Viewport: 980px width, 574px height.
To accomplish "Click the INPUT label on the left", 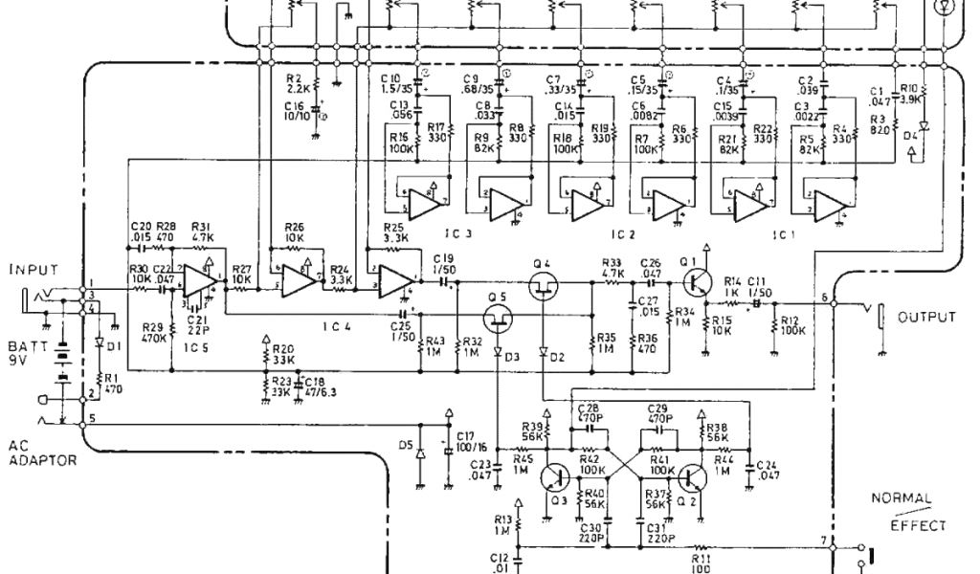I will [x=33, y=269].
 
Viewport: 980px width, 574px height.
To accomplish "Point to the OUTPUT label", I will [x=924, y=316].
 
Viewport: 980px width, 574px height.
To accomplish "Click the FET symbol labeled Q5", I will [x=497, y=315].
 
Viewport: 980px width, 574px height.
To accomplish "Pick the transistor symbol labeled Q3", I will [x=554, y=475].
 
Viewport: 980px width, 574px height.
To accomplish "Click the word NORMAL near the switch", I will [x=896, y=498].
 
